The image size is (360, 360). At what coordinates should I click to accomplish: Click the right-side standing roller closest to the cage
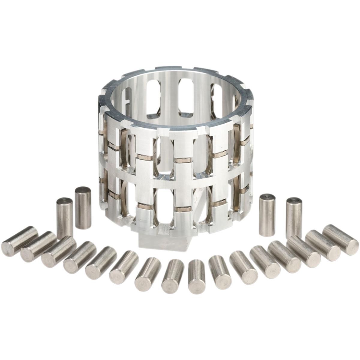click(x=267, y=214)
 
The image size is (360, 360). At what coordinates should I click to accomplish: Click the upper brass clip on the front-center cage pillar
click(x=182, y=160)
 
